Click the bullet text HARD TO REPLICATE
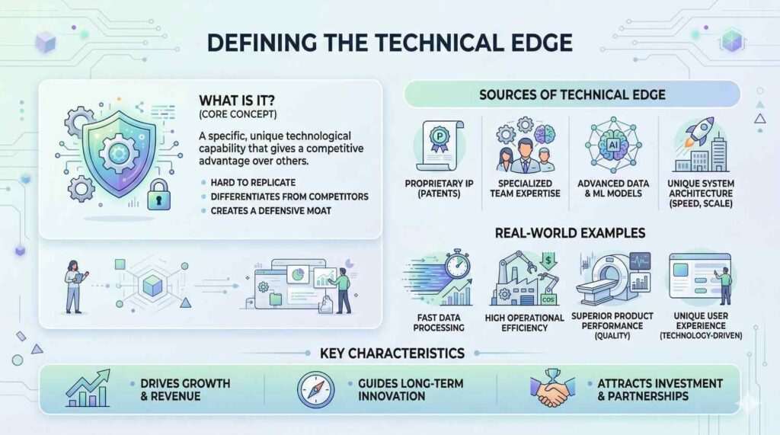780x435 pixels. (253, 183)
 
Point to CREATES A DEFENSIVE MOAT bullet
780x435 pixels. (270, 210)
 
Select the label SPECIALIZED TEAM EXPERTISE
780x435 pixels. (525, 188)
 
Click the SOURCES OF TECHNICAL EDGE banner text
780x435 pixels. (572, 94)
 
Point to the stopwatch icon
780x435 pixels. (458, 264)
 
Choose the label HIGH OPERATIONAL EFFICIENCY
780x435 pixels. (524, 322)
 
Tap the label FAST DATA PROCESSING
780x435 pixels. (438, 322)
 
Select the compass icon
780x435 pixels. (316, 390)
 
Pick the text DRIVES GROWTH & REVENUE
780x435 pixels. (185, 390)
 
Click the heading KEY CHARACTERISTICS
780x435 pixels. (392, 353)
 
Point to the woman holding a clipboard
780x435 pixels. (75, 286)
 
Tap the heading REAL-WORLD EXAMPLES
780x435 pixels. (570, 233)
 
